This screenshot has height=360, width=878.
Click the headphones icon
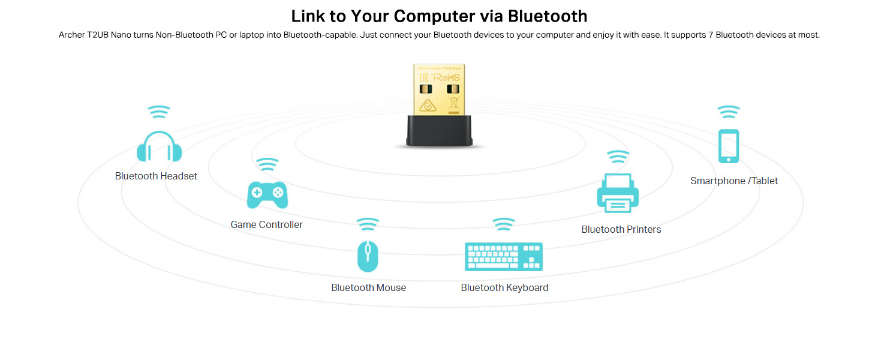point(159,146)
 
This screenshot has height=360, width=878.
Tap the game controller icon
point(267,194)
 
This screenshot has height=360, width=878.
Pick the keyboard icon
point(504,257)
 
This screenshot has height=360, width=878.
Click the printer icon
point(618,193)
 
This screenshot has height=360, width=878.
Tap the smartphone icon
point(729,146)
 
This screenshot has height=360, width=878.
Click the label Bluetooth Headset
point(156,176)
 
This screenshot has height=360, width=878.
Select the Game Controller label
point(266,224)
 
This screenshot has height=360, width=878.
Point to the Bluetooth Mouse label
point(368,287)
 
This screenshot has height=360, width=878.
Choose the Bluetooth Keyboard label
point(504,287)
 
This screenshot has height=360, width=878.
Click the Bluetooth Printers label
point(621,229)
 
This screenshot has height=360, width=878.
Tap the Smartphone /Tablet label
point(733,181)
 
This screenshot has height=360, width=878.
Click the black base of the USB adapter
point(439,130)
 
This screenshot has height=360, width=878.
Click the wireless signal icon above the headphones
point(159,112)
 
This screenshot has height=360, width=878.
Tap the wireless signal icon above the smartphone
point(729,112)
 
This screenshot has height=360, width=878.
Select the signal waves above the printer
point(618,157)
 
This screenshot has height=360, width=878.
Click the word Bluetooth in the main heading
point(548,16)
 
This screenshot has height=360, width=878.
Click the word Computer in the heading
point(431,16)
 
